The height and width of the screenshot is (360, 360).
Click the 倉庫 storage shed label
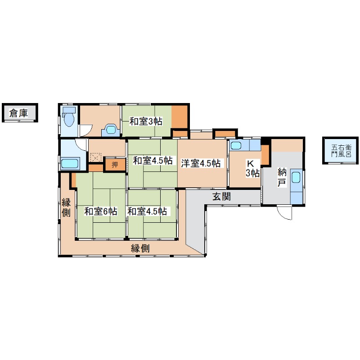(18, 113)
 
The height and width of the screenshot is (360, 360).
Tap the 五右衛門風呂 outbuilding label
(341, 151)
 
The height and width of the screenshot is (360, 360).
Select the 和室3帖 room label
(146, 121)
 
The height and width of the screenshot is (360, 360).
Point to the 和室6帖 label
(101, 211)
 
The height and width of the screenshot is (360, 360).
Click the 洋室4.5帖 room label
(201, 163)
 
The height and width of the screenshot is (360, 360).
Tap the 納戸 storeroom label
(282, 177)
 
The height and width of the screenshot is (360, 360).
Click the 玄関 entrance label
(221, 197)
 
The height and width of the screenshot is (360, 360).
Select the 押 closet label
(115, 164)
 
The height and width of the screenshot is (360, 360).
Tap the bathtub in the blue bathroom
(70, 163)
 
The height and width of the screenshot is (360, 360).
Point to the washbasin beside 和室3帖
(111, 130)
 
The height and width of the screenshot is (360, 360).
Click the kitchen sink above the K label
(237, 145)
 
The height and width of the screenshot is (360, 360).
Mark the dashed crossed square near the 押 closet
(95, 157)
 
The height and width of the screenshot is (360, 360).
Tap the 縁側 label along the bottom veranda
(140, 248)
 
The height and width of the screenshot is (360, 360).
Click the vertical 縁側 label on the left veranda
(66, 207)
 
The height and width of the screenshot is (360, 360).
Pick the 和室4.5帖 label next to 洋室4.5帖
(153, 161)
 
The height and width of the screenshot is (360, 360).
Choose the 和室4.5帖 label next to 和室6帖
(147, 211)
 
